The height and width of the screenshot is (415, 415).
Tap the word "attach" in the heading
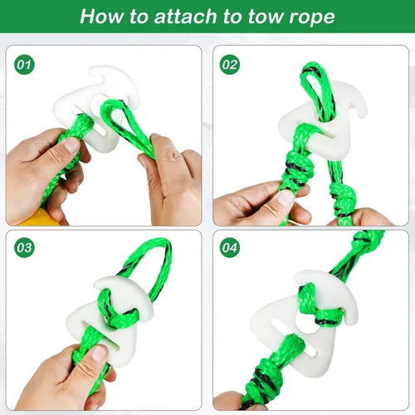tap(185, 17)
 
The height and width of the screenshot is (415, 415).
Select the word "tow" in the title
tap(265, 17)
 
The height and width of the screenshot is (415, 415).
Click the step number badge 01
tap(24, 65)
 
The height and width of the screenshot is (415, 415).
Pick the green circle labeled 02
tap(230, 65)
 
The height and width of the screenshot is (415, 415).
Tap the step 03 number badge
tap(24, 247)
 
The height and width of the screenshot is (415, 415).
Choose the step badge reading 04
tap(230, 247)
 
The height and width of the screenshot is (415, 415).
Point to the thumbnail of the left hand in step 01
tap(71, 144)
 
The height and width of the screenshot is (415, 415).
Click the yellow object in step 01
tap(41, 217)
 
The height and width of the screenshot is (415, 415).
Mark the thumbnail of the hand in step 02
tap(285, 197)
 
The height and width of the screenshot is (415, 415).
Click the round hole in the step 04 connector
tap(306, 322)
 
